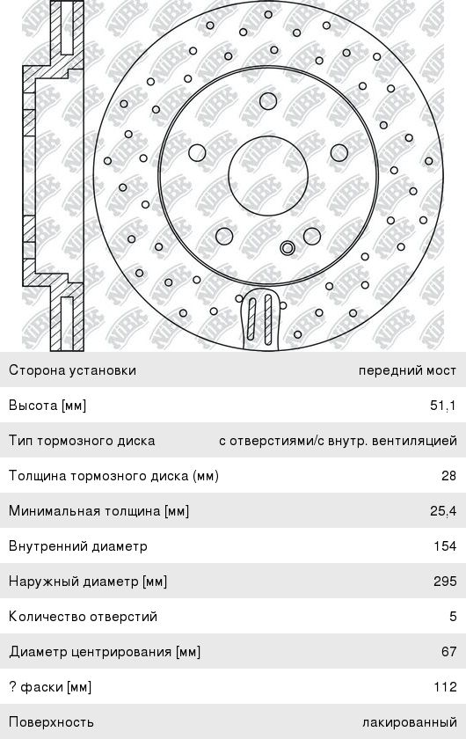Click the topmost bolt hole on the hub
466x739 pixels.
[268, 101]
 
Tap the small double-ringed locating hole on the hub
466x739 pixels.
[288, 247]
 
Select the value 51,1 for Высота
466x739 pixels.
[443, 406]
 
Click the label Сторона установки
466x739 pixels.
[73, 370]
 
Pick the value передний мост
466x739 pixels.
[408, 370]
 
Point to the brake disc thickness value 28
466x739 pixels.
[449, 476]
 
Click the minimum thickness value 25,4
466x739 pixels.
[443, 511]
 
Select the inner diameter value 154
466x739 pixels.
[445, 545]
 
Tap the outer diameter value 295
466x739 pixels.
[445, 582]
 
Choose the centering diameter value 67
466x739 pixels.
[449, 651]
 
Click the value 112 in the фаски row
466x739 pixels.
[445, 687]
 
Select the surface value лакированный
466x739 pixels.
[410, 722]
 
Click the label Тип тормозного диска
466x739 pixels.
[82, 441]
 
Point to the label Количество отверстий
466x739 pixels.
[83, 617]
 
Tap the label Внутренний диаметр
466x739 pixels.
[78, 546]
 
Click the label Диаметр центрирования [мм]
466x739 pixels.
[105, 652]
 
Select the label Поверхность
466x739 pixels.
[51, 722]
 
